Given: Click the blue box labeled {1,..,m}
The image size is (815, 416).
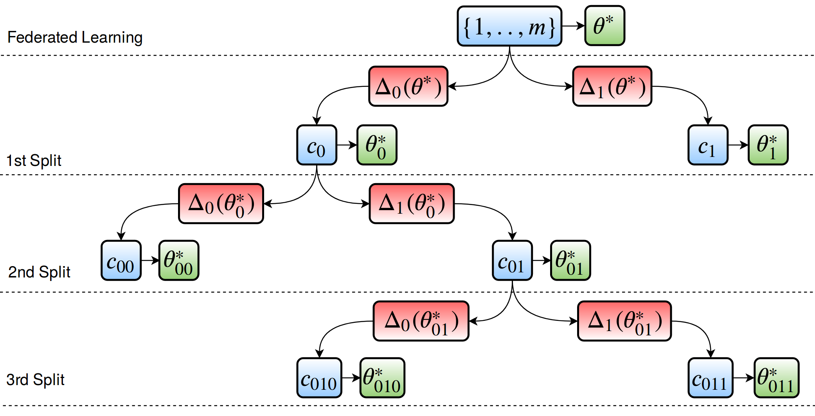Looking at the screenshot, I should tap(509, 26).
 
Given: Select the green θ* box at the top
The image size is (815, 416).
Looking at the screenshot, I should tap(605, 26).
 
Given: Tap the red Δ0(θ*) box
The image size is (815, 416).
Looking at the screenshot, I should tap(408, 86).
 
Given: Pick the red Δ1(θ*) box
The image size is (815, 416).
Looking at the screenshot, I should tap(612, 86).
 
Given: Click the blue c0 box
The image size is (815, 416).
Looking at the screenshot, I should tap(317, 145).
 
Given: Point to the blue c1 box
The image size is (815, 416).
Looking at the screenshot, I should tap(708, 145).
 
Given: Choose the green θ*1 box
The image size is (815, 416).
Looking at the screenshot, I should tap(768, 145).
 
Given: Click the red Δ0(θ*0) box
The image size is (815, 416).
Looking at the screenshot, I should tap(221, 203).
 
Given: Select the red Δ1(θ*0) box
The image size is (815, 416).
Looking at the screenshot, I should tap(412, 203).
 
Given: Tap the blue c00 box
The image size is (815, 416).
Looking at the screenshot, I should tap(121, 261).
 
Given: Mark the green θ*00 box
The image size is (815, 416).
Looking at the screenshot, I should tap(179, 261).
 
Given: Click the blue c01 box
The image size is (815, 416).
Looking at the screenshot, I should tap(512, 261).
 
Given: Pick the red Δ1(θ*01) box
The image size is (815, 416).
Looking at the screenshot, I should tap(624, 321).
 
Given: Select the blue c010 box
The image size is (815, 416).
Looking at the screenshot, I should tap(319, 378).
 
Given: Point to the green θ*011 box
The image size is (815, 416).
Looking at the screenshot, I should tap(776, 378).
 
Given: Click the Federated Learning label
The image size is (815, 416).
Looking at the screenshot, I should tap(75, 38).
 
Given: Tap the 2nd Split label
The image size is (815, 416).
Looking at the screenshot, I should tap(39, 272).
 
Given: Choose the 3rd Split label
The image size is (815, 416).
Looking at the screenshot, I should tap(35, 380).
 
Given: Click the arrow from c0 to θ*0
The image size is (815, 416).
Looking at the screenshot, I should tap(347, 145).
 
